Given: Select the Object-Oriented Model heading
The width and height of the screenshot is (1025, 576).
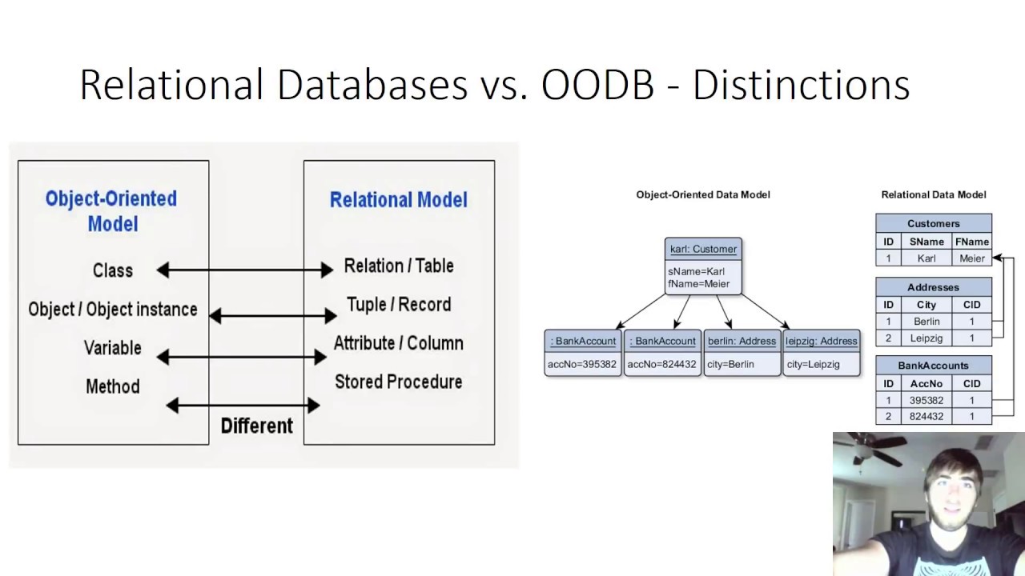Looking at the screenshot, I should click(111, 210).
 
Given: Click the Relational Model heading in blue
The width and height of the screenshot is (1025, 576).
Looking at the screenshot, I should click(398, 199).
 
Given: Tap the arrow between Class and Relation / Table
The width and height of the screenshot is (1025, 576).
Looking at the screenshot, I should click(245, 270).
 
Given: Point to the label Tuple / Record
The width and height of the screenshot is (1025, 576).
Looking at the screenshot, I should click(398, 305).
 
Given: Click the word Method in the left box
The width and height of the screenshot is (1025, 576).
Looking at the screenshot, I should click(112, 386).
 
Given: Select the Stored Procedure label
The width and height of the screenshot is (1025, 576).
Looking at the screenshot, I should click(398, 382).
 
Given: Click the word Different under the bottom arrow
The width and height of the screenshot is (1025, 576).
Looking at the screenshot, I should click(256, 426).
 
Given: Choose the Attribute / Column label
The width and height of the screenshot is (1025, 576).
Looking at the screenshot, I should click(398, 343).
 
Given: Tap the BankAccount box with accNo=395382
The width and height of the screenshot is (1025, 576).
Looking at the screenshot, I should click(582, 352).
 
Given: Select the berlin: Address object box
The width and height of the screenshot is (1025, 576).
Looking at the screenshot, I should click(742, 352).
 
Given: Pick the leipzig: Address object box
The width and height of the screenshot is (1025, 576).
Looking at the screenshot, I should click(821, 352).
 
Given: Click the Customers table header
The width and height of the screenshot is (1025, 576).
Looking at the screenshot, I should click(933, 224).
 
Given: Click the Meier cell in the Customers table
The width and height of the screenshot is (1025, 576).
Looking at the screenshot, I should click(971, 258).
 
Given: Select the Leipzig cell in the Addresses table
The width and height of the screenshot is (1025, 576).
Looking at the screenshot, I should click(927, 338).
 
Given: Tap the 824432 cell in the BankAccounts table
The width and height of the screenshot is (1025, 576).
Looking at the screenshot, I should click(926, 417).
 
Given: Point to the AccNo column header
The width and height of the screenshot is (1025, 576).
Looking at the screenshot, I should click(926, 383).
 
